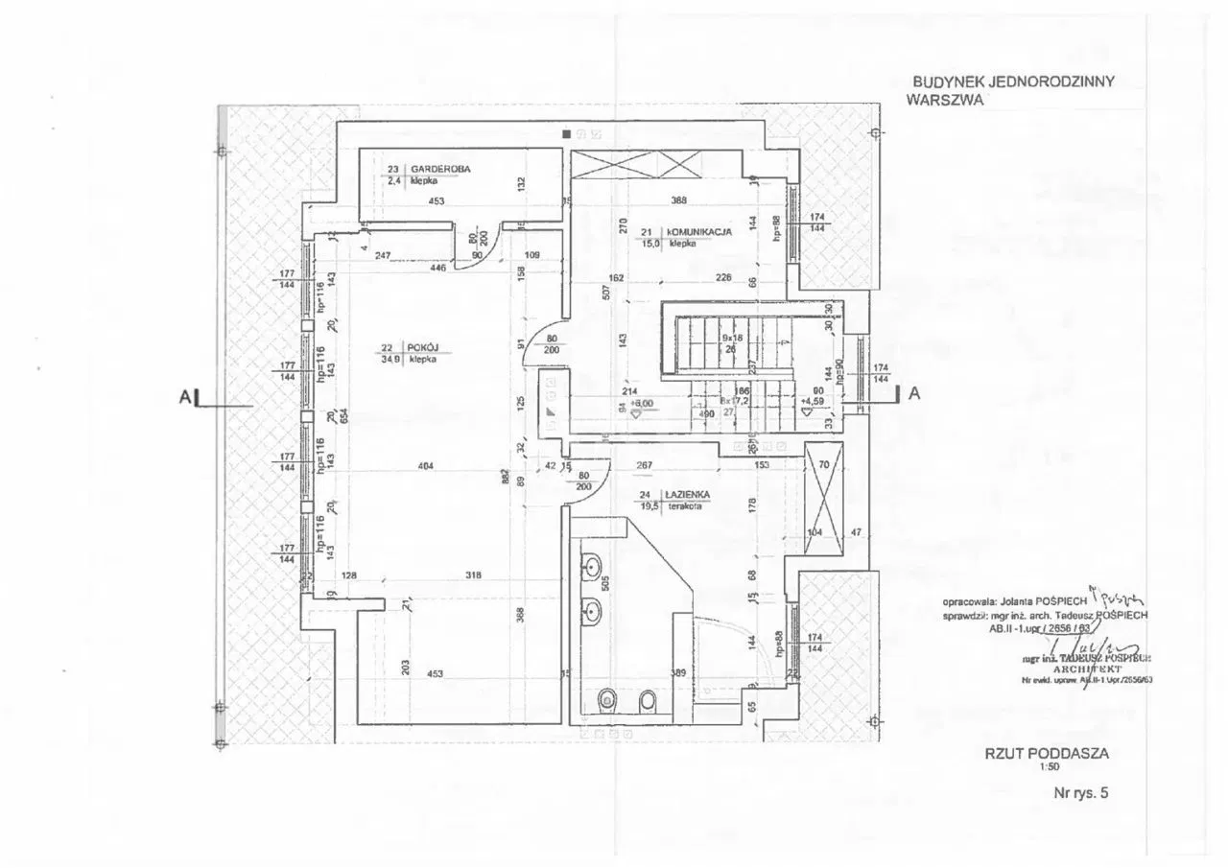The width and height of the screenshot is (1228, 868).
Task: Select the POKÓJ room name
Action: pyautogui.click(x=422, y=348)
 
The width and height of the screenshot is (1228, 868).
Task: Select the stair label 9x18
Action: pyautogui.click(x=733, y=338)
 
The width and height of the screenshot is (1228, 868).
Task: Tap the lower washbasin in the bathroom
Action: pyautogui.click(x=590, y=608)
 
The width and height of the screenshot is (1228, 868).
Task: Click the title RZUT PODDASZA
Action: pyautogui.click(x=1047, y=754)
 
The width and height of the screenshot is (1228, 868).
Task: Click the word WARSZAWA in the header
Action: pyautogui.click(x=944, y=98)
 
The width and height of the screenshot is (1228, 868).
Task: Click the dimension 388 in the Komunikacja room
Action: pyautogui.click(x=679, y=200)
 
